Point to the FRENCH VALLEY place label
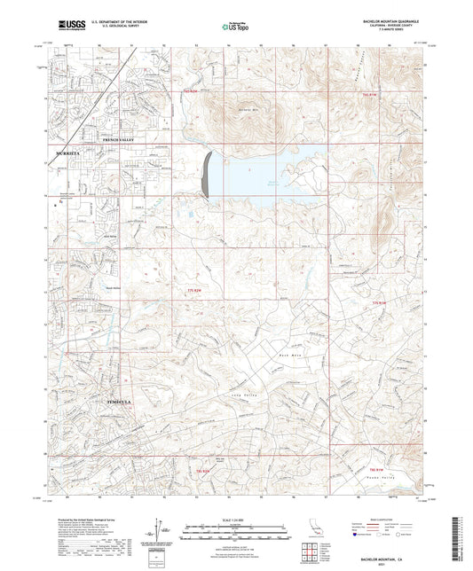(122, 140)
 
